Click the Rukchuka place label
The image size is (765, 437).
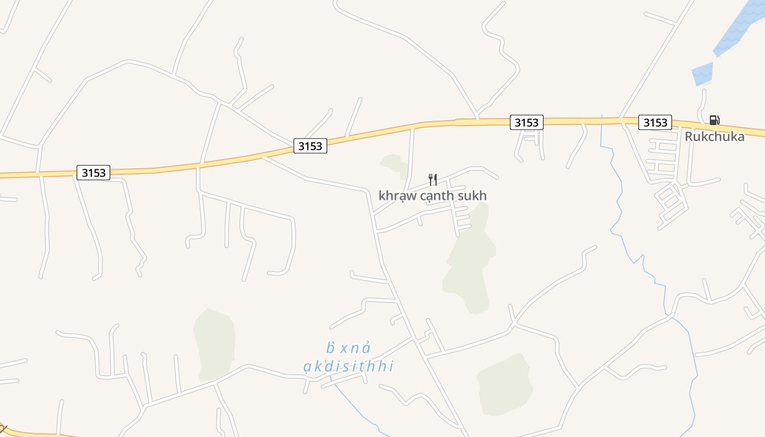(x=714, y=137)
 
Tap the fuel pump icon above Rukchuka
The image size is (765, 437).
(x=714, y=120)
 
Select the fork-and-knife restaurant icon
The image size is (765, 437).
(x=432, y=179)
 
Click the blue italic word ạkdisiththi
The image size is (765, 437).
(x=349, y=366)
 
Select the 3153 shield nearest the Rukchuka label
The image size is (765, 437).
(x=655, y=122)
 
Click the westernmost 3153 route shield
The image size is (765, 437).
(x=93, y=173)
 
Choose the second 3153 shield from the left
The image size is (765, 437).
(x=310, y=146)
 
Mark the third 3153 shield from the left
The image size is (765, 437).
(x=526, y=122)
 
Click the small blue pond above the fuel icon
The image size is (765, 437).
(x=703, y=74)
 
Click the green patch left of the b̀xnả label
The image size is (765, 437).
(x=215, y=344)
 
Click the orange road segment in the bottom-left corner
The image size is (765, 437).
(x=33, y=433)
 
